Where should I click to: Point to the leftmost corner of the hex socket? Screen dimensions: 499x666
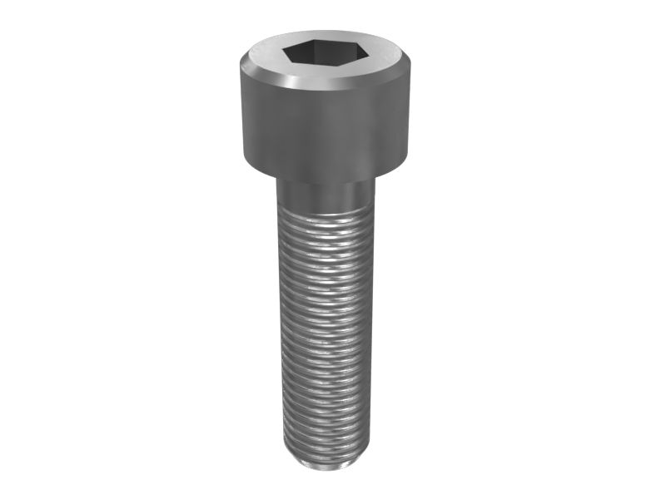tap(281, 56)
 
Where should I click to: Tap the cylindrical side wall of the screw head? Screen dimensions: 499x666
tap(325, 125)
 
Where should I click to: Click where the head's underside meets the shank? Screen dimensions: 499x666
tap(325, 181)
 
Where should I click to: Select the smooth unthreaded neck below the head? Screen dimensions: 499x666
tap(325, 196)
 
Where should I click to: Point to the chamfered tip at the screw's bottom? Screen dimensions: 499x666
tap(325, 460)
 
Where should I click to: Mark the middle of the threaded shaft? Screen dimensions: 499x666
tap(325, 333)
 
